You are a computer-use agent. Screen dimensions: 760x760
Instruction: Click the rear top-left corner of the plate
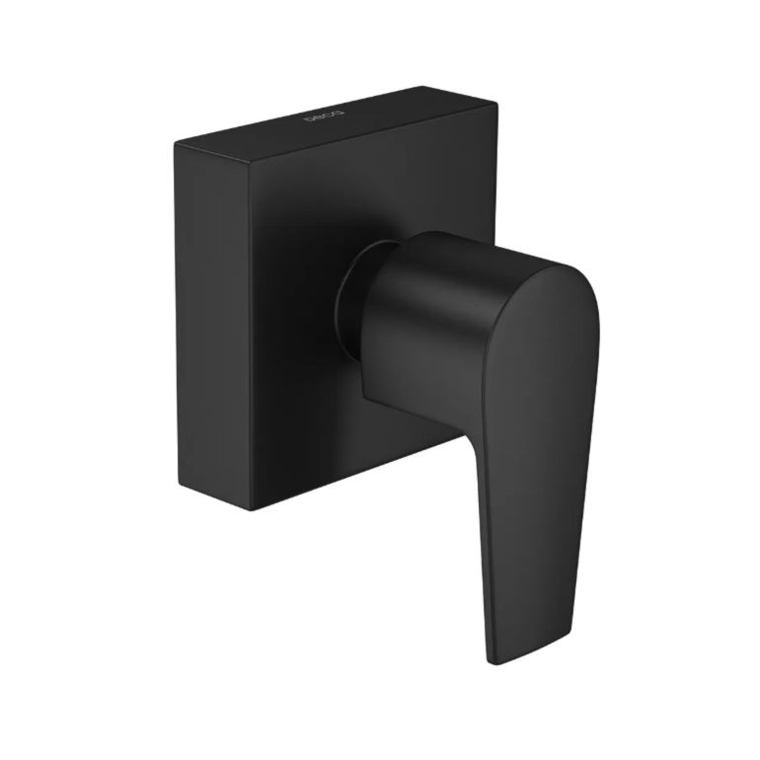pos(176,145)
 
